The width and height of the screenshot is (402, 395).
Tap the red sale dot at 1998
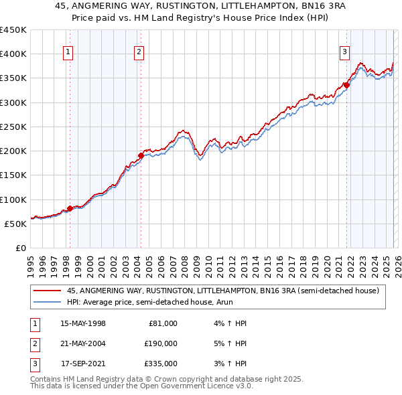(x=70, y=208)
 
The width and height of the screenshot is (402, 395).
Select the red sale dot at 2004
(x=141, y=155)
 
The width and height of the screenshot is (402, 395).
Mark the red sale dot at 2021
(x=346, y=84)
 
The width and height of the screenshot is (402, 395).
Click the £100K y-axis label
(x=13, y=200)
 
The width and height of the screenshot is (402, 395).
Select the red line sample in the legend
(x=47, y=291)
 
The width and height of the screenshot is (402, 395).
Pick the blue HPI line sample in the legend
(x=47, y=303)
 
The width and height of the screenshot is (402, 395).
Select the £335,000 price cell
(x=160, y=364)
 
